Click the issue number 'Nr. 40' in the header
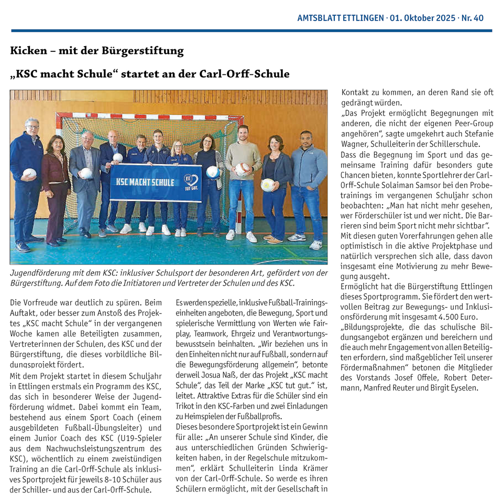pyautogui.click(x=472, y=18)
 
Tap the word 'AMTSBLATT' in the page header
pyautogui.click(x=318, y=18)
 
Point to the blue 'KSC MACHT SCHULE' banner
pyautogui.click(x=155, y=183)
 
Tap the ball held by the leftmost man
pyautogui.click(x=30, y=172)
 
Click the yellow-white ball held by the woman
pyautogui.click(x=268, y=184)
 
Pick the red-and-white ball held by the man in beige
pyautogui.click(x=242, y=169)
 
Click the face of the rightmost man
pyautogui.click(x=306, y=139)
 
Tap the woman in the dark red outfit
pyautogui.click(x=56, y=178)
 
